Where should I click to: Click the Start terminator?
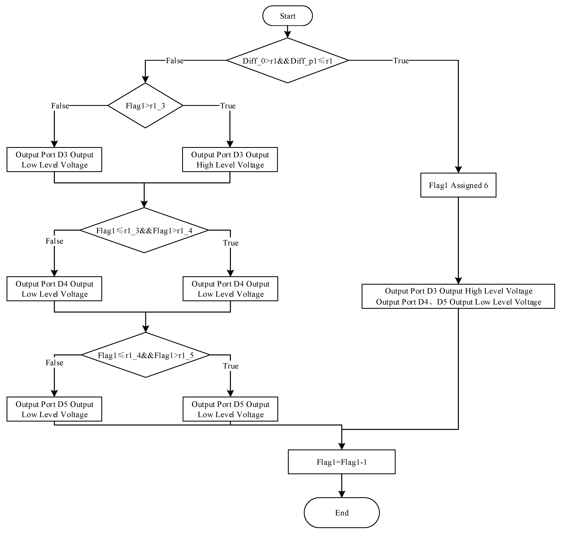click(287, 16)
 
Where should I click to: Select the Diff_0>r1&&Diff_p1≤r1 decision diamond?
click(287, 61)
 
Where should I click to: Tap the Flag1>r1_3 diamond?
click(145, 106)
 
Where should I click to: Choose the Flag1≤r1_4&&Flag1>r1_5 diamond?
click(146, 355)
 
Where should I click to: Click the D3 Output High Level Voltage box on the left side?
click(230, 160)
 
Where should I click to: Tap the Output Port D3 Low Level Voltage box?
click(54, 160)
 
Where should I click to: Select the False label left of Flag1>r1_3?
click(60, 106)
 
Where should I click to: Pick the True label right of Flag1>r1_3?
click(228, 106)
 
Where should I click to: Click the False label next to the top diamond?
click(175, 61)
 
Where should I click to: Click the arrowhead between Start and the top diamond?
click(287, 35)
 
